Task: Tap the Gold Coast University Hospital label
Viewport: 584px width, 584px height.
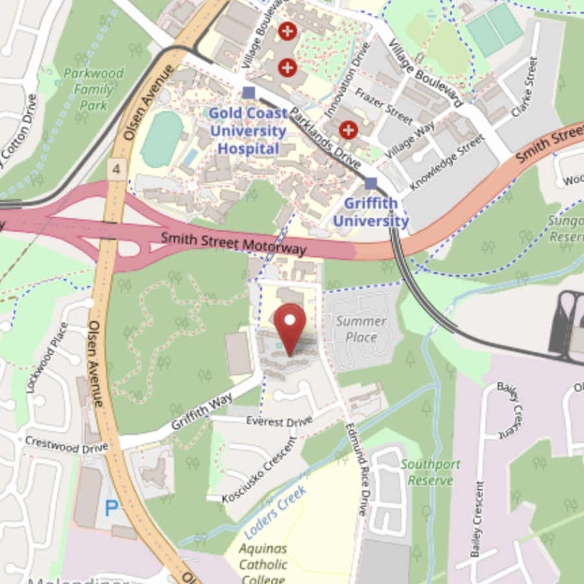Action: (x=248, y=131)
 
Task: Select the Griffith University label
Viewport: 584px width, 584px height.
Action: (x=371, y=212)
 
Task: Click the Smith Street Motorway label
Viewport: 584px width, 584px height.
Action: (x=233, y=243)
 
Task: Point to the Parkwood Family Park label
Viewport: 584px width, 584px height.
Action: (x=93, y=89)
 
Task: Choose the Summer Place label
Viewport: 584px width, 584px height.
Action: (x=361, y=329)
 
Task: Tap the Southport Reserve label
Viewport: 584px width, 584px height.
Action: (x=430, y=472)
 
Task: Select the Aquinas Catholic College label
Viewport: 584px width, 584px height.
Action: (x=263, y=564)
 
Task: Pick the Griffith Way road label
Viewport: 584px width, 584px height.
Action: (x=202, y=413)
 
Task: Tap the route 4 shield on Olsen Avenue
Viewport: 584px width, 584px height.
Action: (x=116, y=169)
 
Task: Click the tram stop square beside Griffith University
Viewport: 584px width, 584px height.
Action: (x=371, y=184)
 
